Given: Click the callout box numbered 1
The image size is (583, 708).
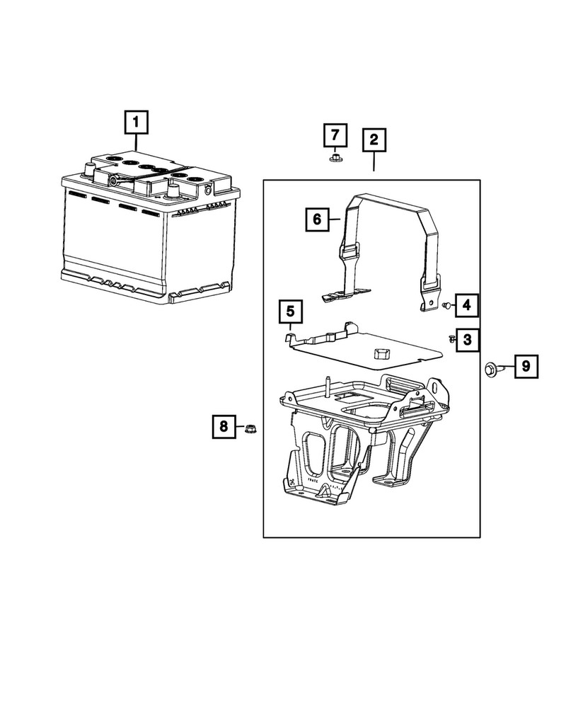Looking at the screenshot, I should (x=136, y=123).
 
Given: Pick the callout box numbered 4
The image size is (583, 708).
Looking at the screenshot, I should (x=467, y=305).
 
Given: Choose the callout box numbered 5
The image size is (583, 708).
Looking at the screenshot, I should (x=290, y=310).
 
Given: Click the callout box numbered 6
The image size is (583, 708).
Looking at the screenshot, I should (x=318, y=219).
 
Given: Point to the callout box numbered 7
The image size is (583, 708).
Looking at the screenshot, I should (x=336, y=134).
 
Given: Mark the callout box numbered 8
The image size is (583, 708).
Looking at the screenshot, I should (x=224, y=426).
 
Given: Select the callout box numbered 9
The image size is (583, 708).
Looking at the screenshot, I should (x=526, y=366).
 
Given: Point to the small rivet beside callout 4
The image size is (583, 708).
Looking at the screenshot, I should (x=446, y=305).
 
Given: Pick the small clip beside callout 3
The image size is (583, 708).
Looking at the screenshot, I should (x=450, y=338).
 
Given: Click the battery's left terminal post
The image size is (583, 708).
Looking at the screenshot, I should (x=90, y=170).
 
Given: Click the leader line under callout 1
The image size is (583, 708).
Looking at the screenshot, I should (x=136, y=143).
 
